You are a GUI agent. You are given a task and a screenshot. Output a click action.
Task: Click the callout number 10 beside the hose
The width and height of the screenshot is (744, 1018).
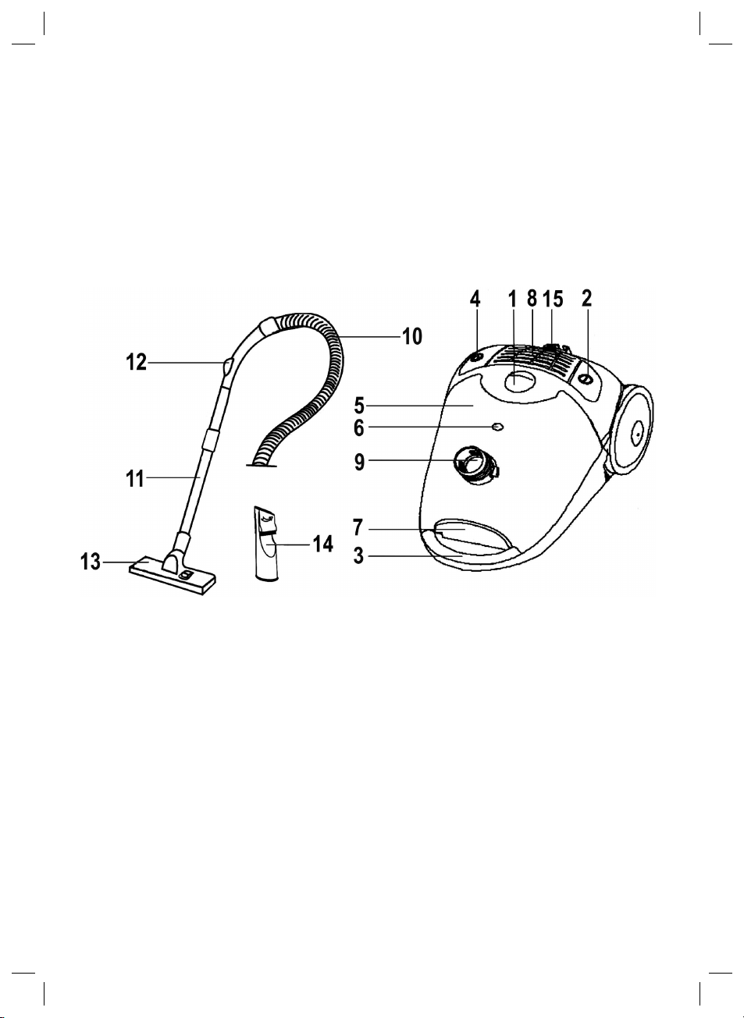[411, 336]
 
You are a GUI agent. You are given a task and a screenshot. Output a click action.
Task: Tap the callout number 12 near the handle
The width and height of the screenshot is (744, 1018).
[136, 363]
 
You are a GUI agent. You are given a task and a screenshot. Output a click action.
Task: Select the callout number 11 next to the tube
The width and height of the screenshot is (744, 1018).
[136, 478]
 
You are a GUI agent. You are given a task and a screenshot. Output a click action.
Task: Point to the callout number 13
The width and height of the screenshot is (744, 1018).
[91, 562]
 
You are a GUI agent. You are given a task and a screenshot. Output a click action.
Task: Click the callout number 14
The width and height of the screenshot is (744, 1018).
[322, 544]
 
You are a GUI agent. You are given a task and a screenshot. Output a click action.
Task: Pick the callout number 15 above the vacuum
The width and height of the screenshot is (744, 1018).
[553, 299]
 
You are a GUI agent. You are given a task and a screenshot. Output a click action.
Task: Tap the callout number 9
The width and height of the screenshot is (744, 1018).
[359, 462]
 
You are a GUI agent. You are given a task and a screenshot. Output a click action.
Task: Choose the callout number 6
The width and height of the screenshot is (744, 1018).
[359, 427]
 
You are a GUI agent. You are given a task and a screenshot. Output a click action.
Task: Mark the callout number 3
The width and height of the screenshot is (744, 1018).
[358, 557]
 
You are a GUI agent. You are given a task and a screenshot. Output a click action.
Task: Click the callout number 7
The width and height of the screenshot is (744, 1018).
[358, 528]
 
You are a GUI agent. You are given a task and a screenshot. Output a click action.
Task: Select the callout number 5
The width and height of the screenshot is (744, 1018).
[359, 406]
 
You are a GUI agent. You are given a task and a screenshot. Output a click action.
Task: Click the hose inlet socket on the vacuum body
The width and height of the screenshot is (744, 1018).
[475, 465]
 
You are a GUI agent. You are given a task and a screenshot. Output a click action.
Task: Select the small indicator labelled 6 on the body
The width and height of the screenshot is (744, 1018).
[497, 427]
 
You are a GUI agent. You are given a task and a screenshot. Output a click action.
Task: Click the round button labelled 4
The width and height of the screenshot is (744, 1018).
[474, 357]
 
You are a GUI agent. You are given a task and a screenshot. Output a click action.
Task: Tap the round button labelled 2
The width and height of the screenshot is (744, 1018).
[585, 378]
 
